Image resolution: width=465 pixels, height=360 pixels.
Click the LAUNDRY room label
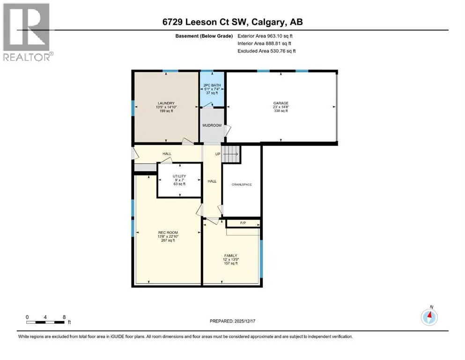click(x=166, y=103)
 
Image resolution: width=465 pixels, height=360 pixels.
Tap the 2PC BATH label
click(x=212, y=85)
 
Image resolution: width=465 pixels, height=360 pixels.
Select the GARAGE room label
click(x=281, y=103)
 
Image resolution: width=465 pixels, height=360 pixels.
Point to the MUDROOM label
click(x=212, y=125)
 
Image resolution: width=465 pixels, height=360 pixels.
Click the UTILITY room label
click(x=179, y=176)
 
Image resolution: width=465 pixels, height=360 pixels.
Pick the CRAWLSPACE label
click(x=242, y=185)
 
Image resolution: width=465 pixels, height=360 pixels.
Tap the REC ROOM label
click(x=168, y=232)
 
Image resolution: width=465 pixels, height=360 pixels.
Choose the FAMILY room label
click(x=231, y=255)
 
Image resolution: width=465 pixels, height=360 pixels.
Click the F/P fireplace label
click(x=243, y=223)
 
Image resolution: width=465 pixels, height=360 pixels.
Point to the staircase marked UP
click(x=231, y=154)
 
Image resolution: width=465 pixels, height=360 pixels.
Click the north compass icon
click(x=429, y=316)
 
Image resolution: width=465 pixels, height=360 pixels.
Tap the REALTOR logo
click(x=27, y=32)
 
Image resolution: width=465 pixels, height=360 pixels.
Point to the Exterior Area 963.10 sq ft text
click(x=265, y=36)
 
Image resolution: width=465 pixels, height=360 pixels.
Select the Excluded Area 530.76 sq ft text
click(x=266, y=51)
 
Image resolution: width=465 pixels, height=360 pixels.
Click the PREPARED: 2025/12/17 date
click(x=232, y=321)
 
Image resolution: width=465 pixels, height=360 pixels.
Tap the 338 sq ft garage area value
click(x=281, y=111)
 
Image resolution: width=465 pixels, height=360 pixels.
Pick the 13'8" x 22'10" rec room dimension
click(x=168, y=237)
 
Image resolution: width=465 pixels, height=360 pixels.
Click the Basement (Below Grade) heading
click(x=204, y=36)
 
